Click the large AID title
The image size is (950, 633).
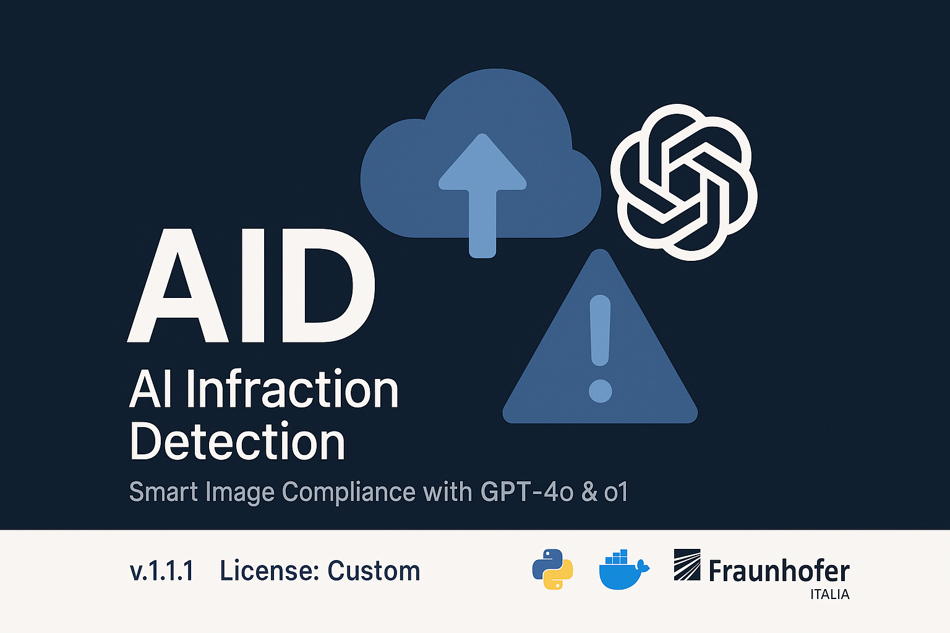(250, 286)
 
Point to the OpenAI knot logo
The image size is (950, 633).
(684, 182)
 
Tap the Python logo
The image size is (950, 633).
(552, 569)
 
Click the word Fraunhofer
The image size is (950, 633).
(779, 571)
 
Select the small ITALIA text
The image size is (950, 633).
(829, 595)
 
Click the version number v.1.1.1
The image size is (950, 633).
(161, 571)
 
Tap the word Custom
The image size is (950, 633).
(374, 571)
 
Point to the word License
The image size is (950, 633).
(268, 571)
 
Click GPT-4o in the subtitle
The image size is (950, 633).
(527, 492)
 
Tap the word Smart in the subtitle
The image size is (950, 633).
(164, 492)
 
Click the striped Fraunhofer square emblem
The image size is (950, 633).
(687, 564)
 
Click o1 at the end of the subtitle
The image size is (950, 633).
(616, 492)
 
